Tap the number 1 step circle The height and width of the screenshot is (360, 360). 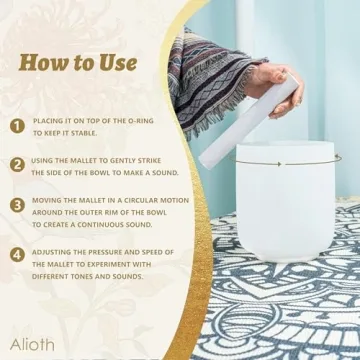click(x=17, y=126)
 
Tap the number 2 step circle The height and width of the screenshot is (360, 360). click(x=17, y=165)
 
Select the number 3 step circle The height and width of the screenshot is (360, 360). click(x=17, y=204)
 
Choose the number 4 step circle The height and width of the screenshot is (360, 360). click(x=17, y=254)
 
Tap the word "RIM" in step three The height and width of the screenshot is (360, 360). click(x=104, y=212)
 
